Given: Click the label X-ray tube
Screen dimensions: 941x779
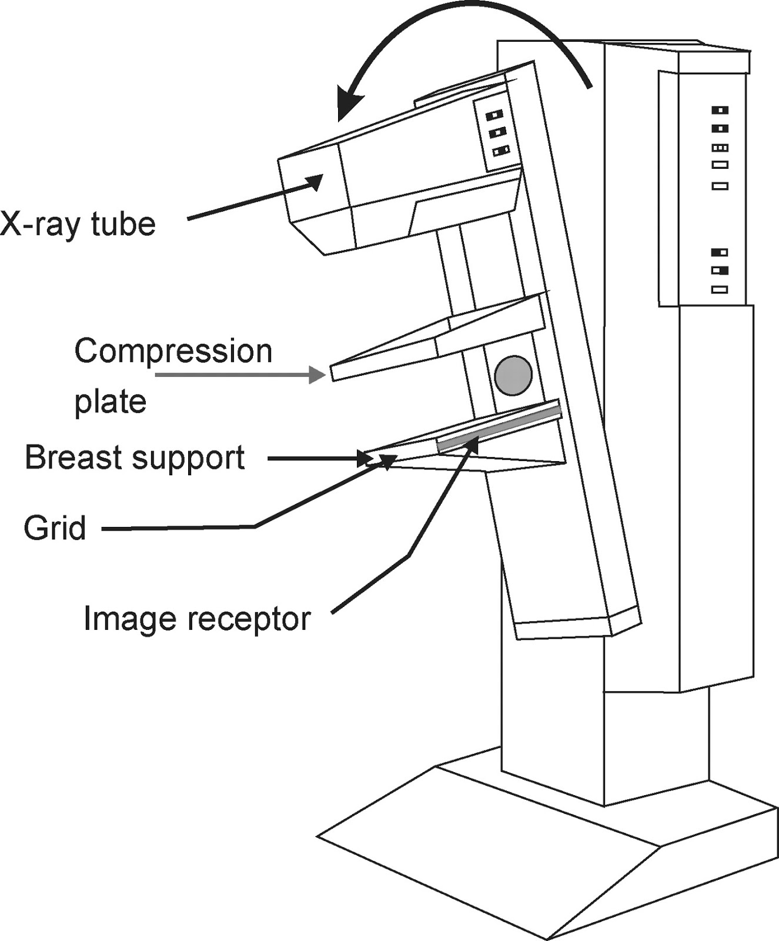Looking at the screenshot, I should (78, 224).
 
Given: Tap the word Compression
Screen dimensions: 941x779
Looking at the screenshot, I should (173, 352).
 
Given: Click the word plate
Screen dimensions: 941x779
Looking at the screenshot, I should (110, 402).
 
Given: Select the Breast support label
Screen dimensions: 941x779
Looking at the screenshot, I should (135, 458).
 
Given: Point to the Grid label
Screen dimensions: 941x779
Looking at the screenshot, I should (55, 528).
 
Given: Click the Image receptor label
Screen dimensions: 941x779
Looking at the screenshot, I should (196, 619).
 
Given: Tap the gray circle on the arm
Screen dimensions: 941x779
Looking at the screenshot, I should (513, 375).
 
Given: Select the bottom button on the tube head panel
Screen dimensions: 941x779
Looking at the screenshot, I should (500, 151).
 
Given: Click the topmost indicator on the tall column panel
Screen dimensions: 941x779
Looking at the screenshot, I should (720, 110).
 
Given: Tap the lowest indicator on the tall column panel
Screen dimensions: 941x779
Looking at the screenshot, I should (720, 289).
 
